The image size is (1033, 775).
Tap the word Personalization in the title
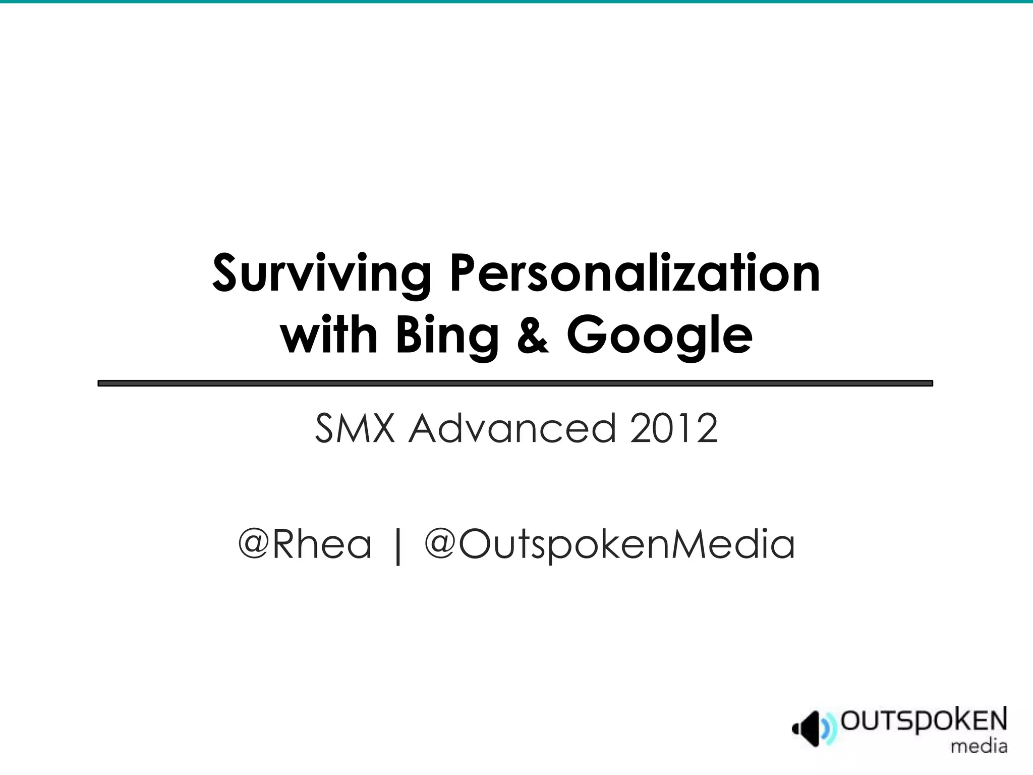(635, 275)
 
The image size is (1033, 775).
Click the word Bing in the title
(447, 337)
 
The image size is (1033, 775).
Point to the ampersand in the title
(533, 336)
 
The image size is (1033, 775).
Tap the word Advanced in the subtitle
(512, 428)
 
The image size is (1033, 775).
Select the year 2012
(673, 428)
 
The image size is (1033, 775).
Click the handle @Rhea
(305, 544)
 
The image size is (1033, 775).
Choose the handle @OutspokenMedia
(610, 545)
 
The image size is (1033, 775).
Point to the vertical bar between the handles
(398, 546)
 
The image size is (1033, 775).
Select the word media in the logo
(979, 746)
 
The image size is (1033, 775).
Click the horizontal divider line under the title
(515, 383)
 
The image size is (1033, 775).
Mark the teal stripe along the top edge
(516, 2)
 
